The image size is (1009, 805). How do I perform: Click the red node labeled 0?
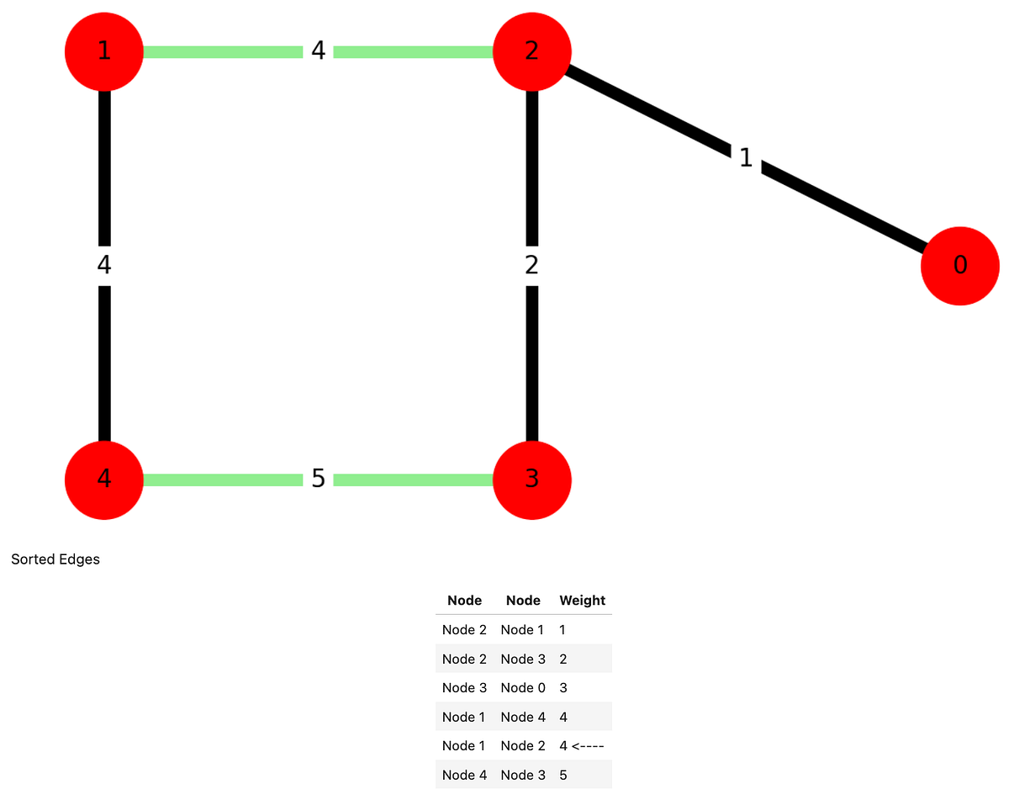click(x=959, y=266)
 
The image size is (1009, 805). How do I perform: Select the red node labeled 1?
click(x=103, y=51)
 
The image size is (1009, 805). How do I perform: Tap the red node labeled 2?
click(x=531, y=51)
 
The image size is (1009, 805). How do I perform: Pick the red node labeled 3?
click(x=531, y=479)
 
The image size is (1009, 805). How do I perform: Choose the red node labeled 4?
click(x=103, y=479)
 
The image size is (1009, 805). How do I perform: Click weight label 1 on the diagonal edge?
click(x=746, y=157)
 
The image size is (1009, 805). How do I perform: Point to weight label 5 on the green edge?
click(x=318, y=479)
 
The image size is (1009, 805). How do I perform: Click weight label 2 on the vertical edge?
click(x=531, y=265)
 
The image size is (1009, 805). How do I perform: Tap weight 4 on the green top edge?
click(x=318, y=51)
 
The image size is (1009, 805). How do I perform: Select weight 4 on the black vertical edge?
click(x=103, y=265)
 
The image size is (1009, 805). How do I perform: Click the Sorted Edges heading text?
click(x=55, y=559)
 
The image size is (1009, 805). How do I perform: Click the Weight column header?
click(x=582, y=601)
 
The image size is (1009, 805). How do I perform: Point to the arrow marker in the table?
click(x=588, y=745)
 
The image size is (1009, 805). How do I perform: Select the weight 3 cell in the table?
click(x=563, y=688)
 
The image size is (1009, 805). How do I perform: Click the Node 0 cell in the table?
click(x=523, y=688)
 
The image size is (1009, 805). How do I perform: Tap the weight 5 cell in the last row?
click(x=563, y=775)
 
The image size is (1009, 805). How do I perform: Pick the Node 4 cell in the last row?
click(x=464, y=775)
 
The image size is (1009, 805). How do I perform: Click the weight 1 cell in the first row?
click(x=563, y=630)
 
